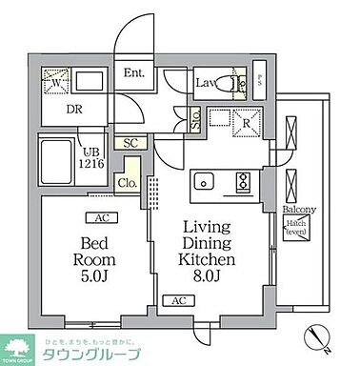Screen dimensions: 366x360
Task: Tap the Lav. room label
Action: (206, 83)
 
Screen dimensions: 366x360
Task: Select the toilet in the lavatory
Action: (239, 83)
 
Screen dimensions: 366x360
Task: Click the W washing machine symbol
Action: (55, 82)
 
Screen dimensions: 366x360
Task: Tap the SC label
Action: (131, 143)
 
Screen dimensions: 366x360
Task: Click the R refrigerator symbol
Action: (245, 122)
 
